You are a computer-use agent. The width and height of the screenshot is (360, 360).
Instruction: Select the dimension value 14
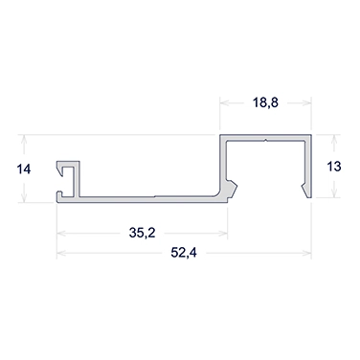(24, 169)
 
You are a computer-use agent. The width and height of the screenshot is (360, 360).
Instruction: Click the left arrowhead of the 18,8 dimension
(226, 101)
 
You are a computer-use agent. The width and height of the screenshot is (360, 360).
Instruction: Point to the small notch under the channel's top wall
(264, 142)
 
